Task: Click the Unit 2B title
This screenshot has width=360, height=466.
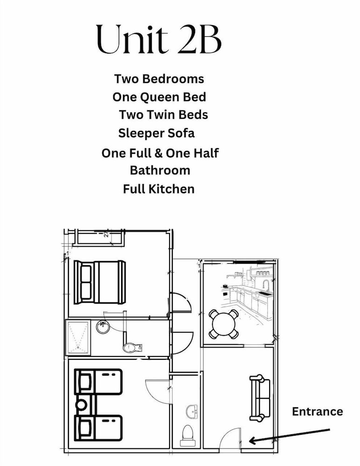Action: (x=159, y=39)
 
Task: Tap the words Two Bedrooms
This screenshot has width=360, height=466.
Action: (x=159, y=79)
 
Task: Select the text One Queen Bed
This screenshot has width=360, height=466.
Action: (x=159, y=97)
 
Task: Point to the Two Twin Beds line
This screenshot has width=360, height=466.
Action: (x=163, y=115)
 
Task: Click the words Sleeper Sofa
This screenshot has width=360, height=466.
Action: (x=156, y=133)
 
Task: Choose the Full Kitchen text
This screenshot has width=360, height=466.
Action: (x=159, y=189)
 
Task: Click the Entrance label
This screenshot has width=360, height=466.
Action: (x=318, y=411)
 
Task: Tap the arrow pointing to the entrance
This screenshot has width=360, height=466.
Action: (x=290, y=435)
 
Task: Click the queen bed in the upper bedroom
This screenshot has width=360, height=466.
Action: (x=100, y=282)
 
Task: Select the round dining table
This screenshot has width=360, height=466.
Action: (x=224, y=324)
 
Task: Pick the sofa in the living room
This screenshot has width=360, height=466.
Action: (x=260, y=398)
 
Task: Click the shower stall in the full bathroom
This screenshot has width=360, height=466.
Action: (x=78, y=337)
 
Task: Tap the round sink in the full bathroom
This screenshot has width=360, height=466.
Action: (x=103, y=327)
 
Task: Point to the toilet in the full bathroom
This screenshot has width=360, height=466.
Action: (x=132, y=347)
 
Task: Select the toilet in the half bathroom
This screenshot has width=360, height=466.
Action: (x=188, y=436)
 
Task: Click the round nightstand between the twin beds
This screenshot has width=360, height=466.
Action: (x=82, y=405)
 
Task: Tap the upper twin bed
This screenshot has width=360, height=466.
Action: (x=98, y=382)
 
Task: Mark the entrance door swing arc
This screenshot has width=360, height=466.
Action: (x=227, y=433)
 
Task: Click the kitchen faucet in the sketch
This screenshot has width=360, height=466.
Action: (x=266, y=285)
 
